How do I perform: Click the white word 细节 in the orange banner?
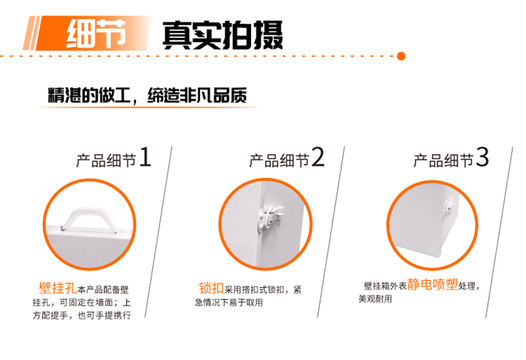(96, 33)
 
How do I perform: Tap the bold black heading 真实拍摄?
(223, 35)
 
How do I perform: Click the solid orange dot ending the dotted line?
(401, 56)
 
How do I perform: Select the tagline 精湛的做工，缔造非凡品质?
(147, 95)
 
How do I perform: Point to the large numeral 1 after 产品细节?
(145, 157)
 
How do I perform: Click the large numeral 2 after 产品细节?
(318, 157)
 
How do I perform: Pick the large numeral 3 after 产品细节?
(483, 157)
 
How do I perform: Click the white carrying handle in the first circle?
(89, 219)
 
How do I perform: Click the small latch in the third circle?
(448, 208)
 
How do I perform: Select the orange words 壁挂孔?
(58, 288)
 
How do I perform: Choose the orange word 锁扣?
(211, 288)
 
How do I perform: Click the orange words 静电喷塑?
(433, 284)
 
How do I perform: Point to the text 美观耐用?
(375, 299)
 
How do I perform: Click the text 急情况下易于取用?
(229, 302)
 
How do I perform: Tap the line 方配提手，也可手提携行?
(82, 315)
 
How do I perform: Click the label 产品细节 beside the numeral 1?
(106, 160)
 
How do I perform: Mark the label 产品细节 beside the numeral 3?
(443, 160)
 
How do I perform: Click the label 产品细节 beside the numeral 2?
(279, 160)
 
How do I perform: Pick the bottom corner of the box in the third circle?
(440, 258)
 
